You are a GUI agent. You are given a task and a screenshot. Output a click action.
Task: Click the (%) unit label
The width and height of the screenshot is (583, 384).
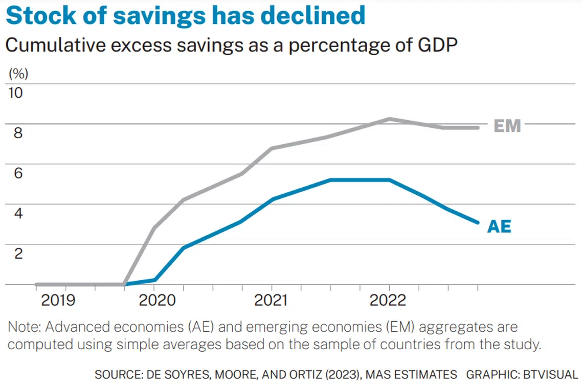point(19,73)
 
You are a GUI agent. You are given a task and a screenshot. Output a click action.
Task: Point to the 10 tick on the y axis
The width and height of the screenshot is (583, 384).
point(15,93)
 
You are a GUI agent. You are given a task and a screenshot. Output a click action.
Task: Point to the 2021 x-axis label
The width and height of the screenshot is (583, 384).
point(272,300)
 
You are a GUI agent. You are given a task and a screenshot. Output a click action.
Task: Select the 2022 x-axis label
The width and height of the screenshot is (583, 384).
point(389,300)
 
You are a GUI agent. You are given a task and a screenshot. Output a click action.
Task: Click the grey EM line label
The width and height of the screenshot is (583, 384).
point(507,126)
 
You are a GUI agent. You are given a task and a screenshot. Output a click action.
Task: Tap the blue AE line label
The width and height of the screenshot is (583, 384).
point(499,226)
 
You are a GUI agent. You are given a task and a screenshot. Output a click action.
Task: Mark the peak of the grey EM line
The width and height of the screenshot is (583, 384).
point(390,119)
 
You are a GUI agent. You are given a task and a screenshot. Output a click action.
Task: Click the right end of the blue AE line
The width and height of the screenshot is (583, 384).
point(478,222)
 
